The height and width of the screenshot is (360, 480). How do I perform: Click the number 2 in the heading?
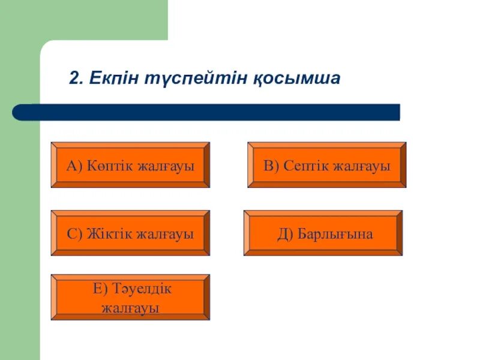click(x=74, y=79)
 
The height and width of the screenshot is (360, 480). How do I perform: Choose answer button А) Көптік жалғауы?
click(x=130, y=165)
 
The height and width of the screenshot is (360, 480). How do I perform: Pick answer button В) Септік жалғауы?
click(x=326, y=165)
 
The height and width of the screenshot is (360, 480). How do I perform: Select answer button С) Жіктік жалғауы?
click(x=130, y=233)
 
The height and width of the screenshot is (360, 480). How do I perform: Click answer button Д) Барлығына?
click(x=323, y=233)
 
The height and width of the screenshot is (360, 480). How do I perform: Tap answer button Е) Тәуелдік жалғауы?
click(x=130, y=298)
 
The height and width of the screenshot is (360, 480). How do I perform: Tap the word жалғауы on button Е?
click(x=130, y=308)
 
